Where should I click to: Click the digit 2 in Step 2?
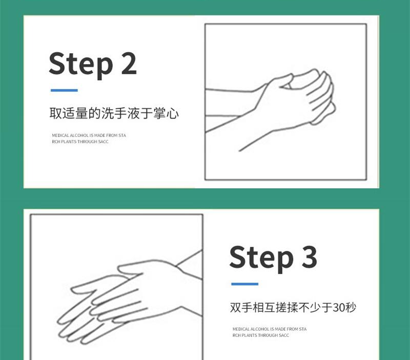(x=129, y=63)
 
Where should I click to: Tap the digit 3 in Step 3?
(x=310, y=257)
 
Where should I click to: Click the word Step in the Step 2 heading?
(x=81, y=65)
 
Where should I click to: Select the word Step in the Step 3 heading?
(x=261, y=259)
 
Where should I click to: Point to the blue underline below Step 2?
(x=64, y=90)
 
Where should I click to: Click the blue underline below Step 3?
(x=245, y=284)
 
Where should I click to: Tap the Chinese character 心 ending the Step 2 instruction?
(x=173, y=113)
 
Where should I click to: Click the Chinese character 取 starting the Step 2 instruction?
(x=55, y=113)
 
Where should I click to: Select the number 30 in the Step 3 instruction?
(x=338, y=307)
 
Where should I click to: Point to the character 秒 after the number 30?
(x=351, y=307)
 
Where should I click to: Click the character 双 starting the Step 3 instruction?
(x=236, y=307)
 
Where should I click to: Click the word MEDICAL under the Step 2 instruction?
(x=60, y=135)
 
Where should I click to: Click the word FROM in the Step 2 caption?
(x=112, y=135)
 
